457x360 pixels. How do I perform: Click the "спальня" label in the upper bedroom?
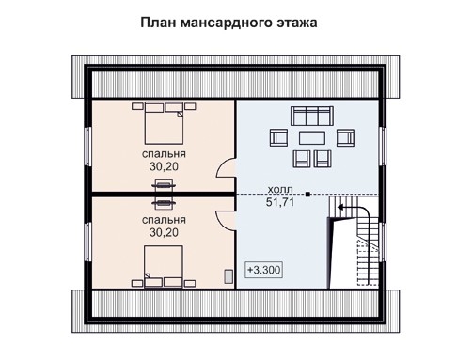164,152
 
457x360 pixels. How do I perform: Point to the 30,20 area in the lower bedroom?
164,230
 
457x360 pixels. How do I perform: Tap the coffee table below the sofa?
307,138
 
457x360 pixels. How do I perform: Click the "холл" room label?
279,187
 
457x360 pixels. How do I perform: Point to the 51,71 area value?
279,201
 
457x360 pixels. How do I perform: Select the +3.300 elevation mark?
263,270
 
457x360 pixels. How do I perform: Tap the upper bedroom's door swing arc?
226,172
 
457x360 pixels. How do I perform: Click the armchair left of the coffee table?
279,139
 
